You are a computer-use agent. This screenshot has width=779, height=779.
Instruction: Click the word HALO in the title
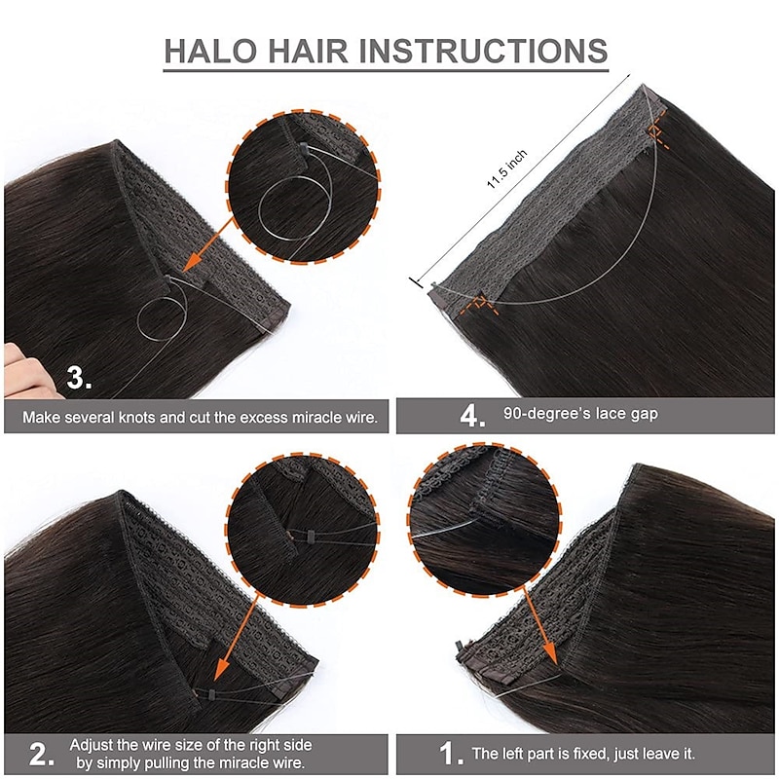point(210,51)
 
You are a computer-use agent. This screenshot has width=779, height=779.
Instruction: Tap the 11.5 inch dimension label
point(506,168)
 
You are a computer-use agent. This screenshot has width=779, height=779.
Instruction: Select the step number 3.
point(79,378)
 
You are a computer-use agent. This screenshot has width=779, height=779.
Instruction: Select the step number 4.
point(472,416)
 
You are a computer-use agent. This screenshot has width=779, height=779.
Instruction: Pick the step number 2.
point(41,755)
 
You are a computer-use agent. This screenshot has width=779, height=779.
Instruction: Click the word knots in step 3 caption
point(137,417)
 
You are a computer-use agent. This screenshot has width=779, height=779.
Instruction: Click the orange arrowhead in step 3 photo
point(193,261)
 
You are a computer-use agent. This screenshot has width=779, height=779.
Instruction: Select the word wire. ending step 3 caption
point(361,417)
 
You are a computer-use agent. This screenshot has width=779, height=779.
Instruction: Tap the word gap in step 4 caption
point(646,415)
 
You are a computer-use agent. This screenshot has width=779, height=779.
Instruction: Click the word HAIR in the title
point(308,51)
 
